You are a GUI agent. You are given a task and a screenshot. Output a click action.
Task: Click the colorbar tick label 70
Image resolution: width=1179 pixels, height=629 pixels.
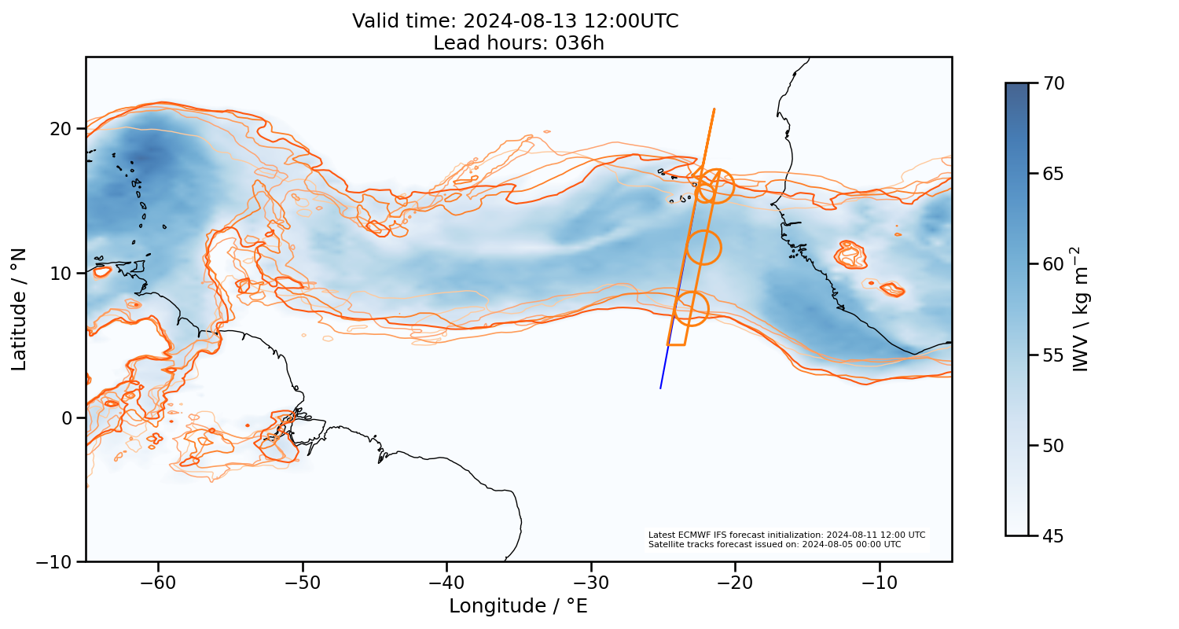(1053, 83)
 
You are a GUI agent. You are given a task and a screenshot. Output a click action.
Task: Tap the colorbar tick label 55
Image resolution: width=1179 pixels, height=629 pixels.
(1053, 355)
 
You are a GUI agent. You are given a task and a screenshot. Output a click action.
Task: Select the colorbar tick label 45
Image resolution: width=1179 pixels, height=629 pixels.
(1053, 535)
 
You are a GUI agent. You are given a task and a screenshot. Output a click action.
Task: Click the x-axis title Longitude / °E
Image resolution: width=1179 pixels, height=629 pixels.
(519, 606)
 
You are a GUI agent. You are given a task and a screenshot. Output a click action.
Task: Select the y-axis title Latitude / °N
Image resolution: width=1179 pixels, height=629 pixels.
(19, 309)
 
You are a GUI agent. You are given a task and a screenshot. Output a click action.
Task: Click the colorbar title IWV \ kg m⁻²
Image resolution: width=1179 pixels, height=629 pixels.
(1082, 309)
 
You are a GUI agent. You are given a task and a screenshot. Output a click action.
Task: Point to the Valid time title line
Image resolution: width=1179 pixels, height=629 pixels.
(516, 21)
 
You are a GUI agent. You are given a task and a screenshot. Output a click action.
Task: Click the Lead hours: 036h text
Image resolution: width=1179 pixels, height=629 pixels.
(519, 43)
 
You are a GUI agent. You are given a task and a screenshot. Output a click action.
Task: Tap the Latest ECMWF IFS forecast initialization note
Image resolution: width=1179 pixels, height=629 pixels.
(787, 535)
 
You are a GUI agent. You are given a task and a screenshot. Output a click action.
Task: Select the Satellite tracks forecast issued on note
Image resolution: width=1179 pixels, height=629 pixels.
(775, 544)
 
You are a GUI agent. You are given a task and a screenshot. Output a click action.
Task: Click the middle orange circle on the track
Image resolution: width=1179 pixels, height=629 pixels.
(703, 248)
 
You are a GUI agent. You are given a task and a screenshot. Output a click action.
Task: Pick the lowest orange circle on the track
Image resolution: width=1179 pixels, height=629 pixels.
(691, 308)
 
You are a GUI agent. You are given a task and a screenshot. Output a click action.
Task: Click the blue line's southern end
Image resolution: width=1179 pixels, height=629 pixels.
(660, 388)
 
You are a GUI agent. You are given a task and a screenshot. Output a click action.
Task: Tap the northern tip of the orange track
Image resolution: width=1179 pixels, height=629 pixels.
(714, 109)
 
